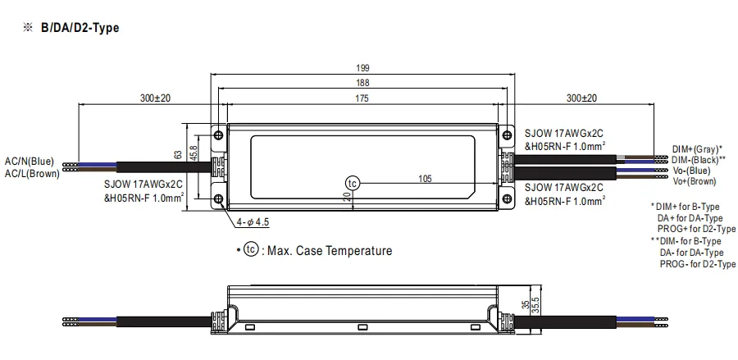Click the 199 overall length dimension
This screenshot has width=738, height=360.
pos(362,68)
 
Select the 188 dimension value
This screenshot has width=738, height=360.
pos(362,83)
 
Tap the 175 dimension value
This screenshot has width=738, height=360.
pos(362,98)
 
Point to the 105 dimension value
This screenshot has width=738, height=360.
pos(425,179)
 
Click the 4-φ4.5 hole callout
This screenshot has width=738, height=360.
pos(253,222)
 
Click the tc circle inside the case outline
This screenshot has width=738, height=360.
pos(352,183)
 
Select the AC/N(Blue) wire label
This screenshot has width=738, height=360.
pos(30,162)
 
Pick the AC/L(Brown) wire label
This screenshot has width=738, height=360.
pos(32,173)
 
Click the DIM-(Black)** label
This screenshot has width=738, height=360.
pos(699,160)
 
